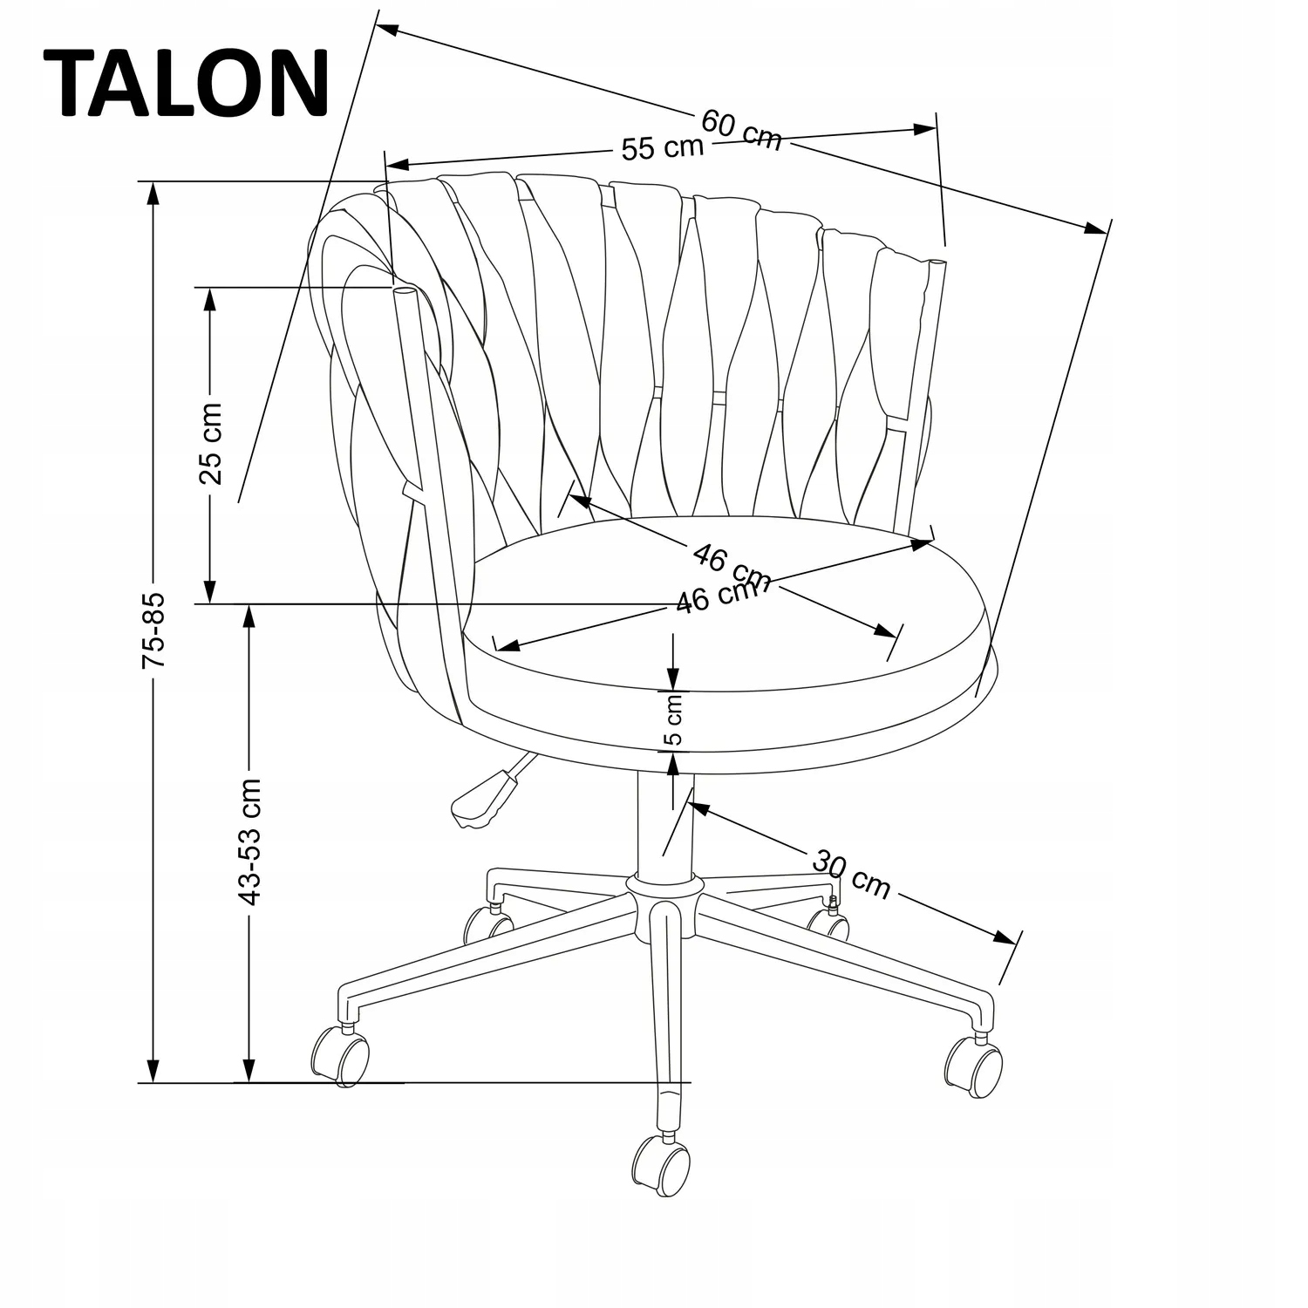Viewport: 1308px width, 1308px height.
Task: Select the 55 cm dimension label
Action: pyautogui.click(x=662, y=147)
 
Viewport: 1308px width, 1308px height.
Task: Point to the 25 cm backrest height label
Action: pyautogui.click(x=211, y=443)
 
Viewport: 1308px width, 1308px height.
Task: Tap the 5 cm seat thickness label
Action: pyautogui.click(x=674, y=720)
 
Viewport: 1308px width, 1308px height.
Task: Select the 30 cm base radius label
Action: pyautogui.click(x=852, y=874)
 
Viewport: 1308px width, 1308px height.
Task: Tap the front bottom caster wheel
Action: pyautogui.click(x=661, y=1167)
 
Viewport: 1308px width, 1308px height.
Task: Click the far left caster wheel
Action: pyautogui.click(x=340, y=1056)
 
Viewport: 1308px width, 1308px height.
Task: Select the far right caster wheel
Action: pyautogui.click(x=975, y=1067)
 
